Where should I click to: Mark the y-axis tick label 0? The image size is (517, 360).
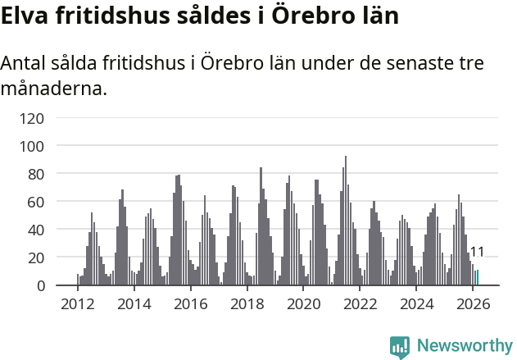click(39, 285)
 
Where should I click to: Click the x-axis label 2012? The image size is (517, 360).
click(78, 303)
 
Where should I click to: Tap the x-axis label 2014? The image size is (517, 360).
click(134, 303)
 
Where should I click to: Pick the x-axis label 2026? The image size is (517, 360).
click(473, 303)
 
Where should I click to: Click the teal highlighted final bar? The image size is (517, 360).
click(477, 278)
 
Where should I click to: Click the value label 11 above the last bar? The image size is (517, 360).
click(477, 252)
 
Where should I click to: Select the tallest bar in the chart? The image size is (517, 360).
click(346, 221)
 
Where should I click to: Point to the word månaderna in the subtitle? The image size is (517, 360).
click(55, 88)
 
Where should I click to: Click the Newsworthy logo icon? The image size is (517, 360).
click(400, 347)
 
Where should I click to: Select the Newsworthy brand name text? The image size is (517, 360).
click(464, 347)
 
